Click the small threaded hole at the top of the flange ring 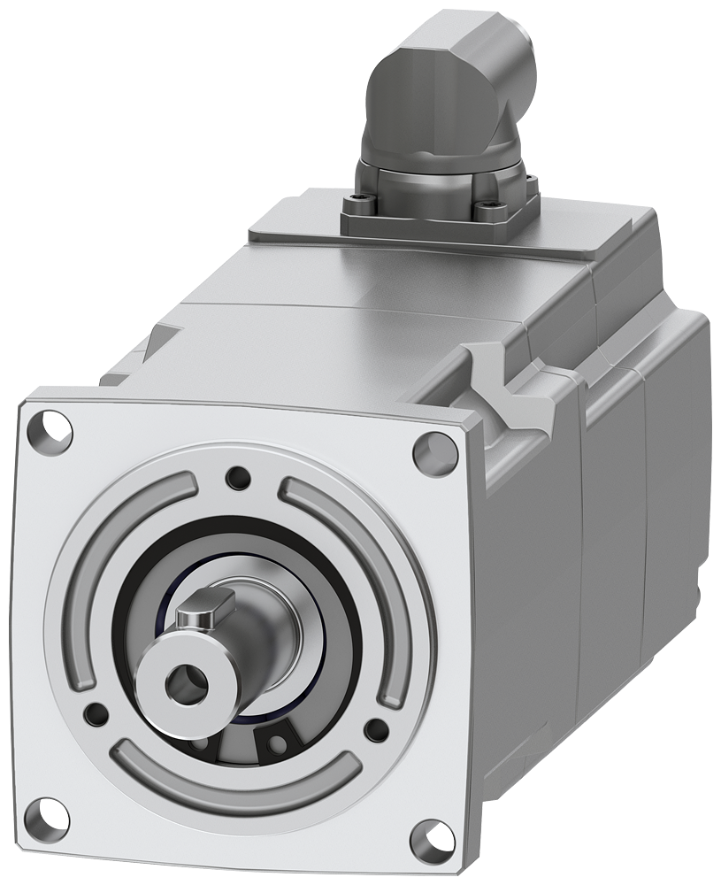[x=238, y=478]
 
